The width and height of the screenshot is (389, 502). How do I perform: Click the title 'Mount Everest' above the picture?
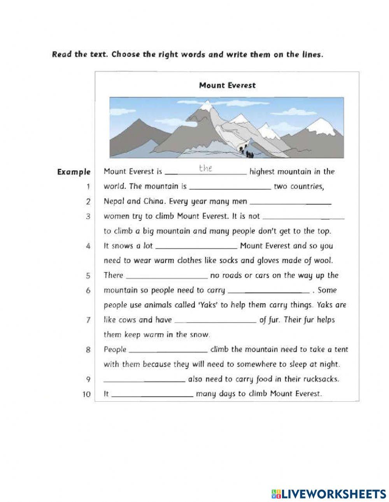coord(227,85)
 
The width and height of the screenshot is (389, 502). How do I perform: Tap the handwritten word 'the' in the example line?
coord(205,168)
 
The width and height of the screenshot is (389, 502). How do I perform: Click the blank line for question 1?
coord(230,187)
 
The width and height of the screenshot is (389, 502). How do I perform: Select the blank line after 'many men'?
coord(291,202)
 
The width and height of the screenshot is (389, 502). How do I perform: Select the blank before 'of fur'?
coord(215,321)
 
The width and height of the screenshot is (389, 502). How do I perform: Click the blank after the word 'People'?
coord(168,351)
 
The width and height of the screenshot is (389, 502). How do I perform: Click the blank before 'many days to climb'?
coord(152,395)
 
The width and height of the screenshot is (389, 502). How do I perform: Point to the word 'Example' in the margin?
coord(74,172)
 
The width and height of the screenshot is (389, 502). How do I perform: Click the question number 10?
coord(86,394)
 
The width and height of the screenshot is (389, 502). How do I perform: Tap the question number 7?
coord(88,320)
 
